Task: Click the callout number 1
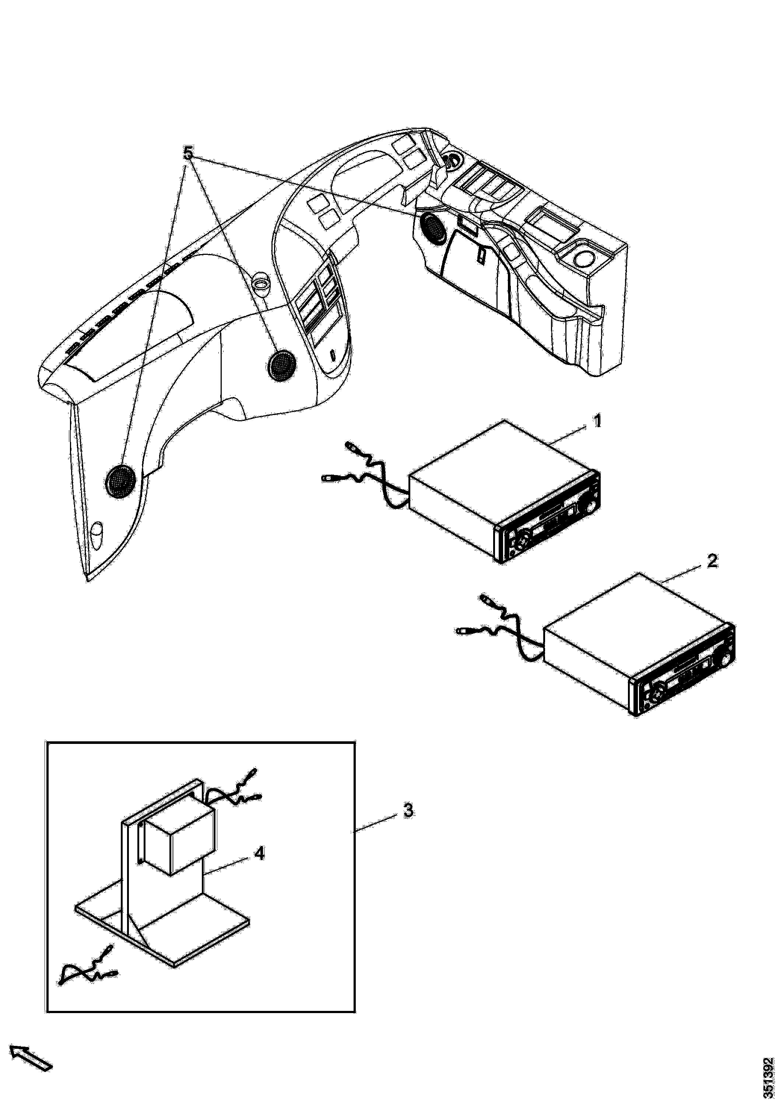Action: (597, 421)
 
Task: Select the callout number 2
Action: (713, 561)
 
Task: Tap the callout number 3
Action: (408, 811)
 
